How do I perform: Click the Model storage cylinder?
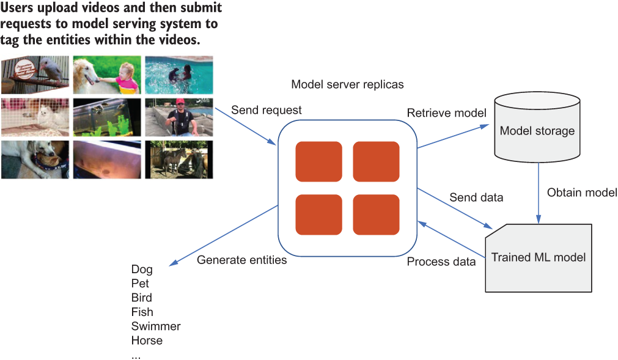pyautogui.click(x=537, y=127)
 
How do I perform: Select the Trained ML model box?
pyautogui.click(x=539, y=258)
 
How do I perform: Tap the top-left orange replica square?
pyautogui.click(x=319, y=161)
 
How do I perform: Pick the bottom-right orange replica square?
pyautogui.click(x=376, y=215)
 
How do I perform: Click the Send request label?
pyautogui.click(x=267, y=110)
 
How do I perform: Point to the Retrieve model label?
pyautogui.click(x=447, y=113)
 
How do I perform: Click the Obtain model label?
pyautogui.click(x=582, y=193)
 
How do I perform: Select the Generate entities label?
pyautogui.click(x=241, y=260)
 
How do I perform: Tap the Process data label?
pyautogui.click(x=441, y=262)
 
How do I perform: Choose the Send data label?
pyautogui.click(x=476, y=197)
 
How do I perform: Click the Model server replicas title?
pyautogui.click(x=347, y=84)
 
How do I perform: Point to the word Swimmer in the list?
pyautogui.click(x=156, y=326)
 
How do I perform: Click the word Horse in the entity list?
pyautogui.click(x=147, y=340)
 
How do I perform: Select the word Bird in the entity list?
pyautogui.click(x=141, y=298)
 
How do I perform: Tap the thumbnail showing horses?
pyautogui.click(x=179, y=160)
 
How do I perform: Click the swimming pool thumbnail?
pyautogui.click(x=179, y=75)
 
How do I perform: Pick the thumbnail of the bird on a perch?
pyautogui.click(x=35, y=75)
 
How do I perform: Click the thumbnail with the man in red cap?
pyautogui.click(x=179, y=117)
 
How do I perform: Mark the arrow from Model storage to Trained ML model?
pyautogui.click(x=539, y=193)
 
